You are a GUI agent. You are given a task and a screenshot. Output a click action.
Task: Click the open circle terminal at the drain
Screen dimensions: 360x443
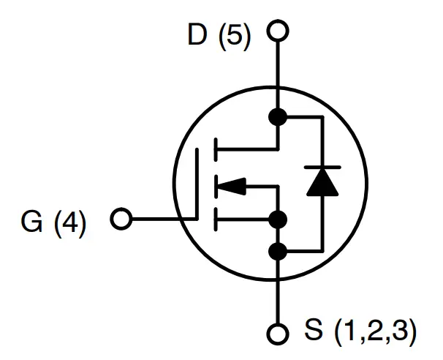coord(278,32)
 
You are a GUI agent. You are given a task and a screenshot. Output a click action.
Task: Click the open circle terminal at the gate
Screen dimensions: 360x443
coord(121,218)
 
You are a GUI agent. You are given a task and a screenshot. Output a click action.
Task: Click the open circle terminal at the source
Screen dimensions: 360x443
coord(278,334)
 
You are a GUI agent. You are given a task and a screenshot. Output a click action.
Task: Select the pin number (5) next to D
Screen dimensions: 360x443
coord(235,37)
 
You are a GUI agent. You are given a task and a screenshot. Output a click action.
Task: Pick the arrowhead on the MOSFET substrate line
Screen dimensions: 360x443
coord(232,187)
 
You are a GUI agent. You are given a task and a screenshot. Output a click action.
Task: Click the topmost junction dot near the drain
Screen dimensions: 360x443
coord(278,116)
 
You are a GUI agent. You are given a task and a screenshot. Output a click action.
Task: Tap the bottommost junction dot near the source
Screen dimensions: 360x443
coord(278,252)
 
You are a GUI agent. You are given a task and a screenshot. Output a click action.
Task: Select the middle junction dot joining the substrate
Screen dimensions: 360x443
coord(278,218)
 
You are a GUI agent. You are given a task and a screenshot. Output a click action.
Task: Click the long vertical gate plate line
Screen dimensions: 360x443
coord(197,183)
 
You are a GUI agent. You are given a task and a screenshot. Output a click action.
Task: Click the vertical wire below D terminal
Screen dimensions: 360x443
coord(278,73)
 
